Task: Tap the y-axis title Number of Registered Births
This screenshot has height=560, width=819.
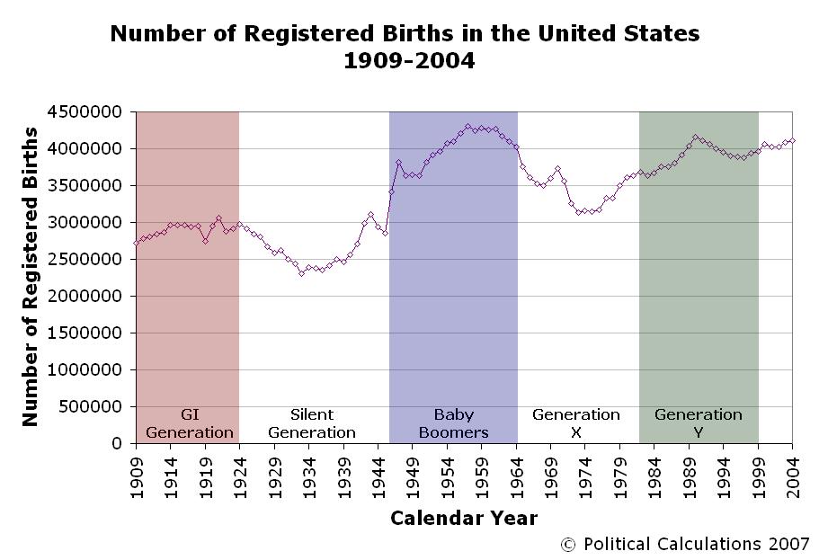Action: click(31, 277)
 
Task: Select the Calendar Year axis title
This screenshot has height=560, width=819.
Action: click(463, 519)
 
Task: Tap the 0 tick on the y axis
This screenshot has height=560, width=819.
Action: click(116, 444)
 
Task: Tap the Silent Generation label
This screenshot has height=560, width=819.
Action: click(312, 423)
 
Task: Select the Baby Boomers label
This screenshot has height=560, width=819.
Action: click(453, 423)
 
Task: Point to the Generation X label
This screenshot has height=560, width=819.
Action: click(575, 423)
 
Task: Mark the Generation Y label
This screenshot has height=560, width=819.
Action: click(699, 423)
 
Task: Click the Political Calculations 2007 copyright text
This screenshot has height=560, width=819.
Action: click(685, 544)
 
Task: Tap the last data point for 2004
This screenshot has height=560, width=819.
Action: click(792, 140)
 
